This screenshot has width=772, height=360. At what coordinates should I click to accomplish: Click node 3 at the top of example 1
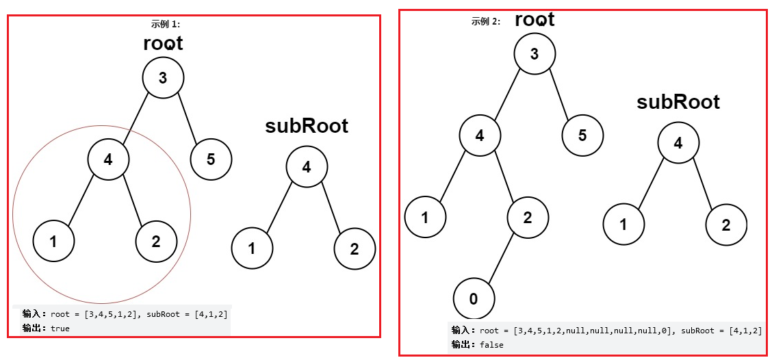point(163,77)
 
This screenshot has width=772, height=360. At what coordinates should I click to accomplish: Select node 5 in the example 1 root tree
point(211,159)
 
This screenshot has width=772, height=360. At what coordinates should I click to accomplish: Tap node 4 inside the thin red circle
point(108,159)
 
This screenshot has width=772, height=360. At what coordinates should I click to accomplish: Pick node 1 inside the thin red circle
point(53,241)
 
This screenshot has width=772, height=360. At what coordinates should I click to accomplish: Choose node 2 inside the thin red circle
point(156,241)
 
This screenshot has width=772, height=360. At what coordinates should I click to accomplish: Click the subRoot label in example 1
point(307,126)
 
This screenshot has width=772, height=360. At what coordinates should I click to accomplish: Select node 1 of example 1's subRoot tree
point(252,248)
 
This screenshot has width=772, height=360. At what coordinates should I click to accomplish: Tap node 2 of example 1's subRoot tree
point(355,248)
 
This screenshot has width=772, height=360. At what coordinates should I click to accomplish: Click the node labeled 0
point(473,299)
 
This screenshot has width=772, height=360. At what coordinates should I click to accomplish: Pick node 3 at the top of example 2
point(535,53)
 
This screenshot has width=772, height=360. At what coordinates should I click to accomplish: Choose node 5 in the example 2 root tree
point(582,135)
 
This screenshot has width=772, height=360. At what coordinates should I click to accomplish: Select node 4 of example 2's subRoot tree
point(678,142)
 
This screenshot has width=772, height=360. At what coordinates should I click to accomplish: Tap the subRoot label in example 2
point(678,102)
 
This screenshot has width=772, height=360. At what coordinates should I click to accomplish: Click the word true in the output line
point(60,328)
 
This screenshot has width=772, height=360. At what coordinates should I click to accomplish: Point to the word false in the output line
point(492,344)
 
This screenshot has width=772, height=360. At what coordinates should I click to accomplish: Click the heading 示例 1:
point(165,24)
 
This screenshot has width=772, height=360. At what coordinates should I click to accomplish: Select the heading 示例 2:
point(485,21)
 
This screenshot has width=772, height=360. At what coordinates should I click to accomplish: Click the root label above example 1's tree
point(163,43)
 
